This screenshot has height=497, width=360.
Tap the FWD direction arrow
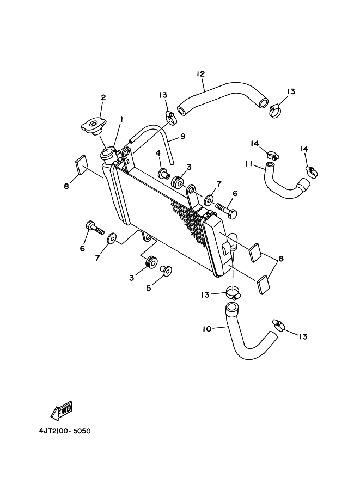(x=62, y=411)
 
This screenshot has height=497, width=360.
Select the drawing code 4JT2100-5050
(x=65, y=431)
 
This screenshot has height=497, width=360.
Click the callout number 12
(x=200, y=74)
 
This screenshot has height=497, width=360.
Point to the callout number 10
(x=207, y=329)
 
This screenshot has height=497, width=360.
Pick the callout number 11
(x=249, y=163)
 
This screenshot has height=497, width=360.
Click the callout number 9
(x=182, y=136)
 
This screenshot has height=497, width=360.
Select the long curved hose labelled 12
(x=223, y=97)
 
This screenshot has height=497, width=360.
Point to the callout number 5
(x=149, y=288)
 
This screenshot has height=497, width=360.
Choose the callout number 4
(x=158, y=154)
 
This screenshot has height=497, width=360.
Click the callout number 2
(x=103, y=97)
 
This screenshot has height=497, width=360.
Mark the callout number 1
(x=121, y=120)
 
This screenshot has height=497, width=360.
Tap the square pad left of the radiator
(x=82, y=165)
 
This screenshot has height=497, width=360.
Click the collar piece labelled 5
(x=166, y=271)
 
